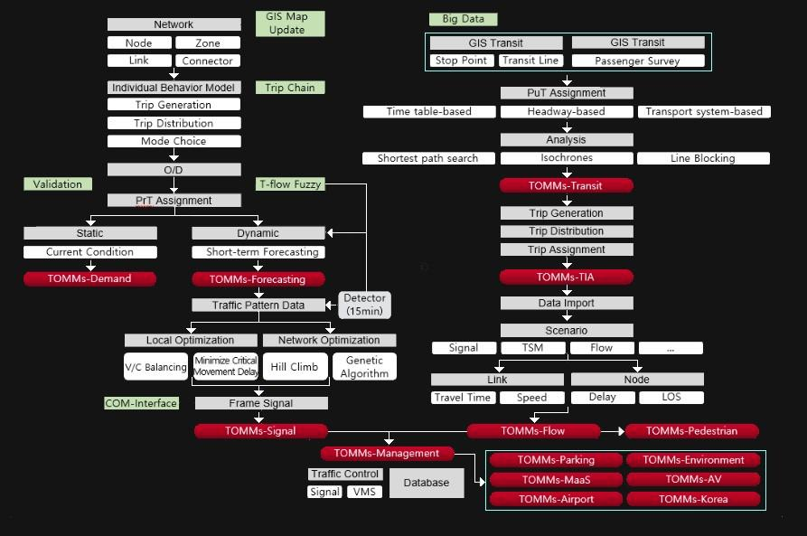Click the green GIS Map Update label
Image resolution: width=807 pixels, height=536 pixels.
coord(286,24)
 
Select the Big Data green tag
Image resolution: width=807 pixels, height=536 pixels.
coord(463,18)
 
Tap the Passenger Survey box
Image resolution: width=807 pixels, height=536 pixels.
coord(638,61)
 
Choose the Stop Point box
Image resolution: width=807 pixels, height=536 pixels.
coord(462,61)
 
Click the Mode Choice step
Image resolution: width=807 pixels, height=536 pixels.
coord(174,141)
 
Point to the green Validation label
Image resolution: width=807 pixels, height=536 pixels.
coord(58,183)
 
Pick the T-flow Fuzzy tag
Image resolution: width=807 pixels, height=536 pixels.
coord(289,183)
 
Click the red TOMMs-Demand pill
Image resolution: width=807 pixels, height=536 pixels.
coord(89,278)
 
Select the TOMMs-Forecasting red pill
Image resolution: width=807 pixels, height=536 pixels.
coord(258,279)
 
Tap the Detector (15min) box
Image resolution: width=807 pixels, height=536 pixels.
coord(365,304)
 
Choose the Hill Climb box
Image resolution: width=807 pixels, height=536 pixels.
coord(294,367)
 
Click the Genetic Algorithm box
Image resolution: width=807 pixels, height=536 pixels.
coord(364,367)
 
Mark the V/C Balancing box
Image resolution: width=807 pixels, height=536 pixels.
coord(155,367)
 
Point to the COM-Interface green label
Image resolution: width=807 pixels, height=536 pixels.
coord(141,403)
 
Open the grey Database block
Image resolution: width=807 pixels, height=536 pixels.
coord(427,483)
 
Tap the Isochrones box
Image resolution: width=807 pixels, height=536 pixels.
coord(566,158)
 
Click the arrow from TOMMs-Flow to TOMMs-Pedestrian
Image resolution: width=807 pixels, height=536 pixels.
coord(613,431)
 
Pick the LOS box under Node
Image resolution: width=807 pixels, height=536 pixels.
coord(671,397)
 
